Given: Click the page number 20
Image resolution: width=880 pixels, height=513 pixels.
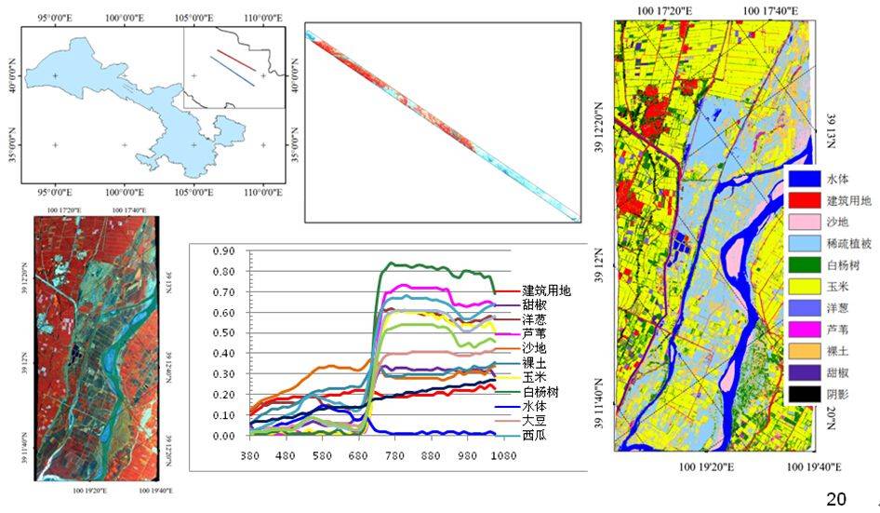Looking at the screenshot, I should click(x=835, y=500).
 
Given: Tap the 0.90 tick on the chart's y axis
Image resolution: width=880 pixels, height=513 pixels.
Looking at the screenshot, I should click(x=223, y=251).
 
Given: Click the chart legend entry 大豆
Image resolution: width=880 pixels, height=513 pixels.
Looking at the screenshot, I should click(x=534, y=421).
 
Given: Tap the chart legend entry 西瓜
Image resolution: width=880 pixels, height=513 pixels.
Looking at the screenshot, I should click(x=534, y=435).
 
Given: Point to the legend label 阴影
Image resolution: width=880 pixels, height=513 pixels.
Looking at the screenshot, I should click(x=838, y=394).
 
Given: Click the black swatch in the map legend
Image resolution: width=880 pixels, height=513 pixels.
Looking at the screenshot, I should click(x=803, y=394).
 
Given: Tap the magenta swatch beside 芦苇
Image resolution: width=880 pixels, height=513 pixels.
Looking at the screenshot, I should click(x=803, y=330).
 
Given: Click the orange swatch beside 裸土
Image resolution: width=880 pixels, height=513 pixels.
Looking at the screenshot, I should click(x=803, y=351).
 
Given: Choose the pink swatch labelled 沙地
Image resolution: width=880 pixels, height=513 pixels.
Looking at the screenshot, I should click(x=803, y=223).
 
